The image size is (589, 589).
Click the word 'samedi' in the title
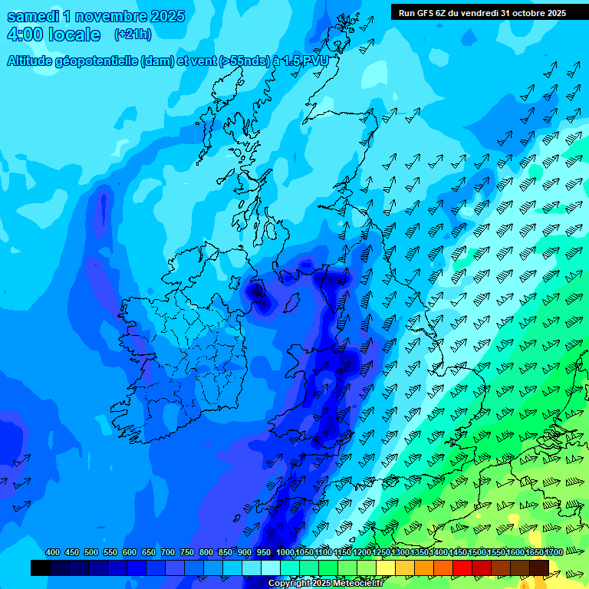click(33, 16)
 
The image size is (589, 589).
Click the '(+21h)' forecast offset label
click(133, 35)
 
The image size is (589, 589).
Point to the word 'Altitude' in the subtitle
click(32, 61)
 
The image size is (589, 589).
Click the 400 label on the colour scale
click(53, 553)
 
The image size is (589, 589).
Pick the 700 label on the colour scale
click(168, 553)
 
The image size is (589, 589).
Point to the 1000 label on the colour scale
click(285, 553)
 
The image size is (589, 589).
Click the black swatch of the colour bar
click(41, 568)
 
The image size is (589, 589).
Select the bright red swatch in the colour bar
click(462, 568)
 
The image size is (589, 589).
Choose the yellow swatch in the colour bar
click(386, 568)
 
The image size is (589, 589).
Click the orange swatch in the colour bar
click(424, 568)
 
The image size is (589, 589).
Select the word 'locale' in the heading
click(73, 35)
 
